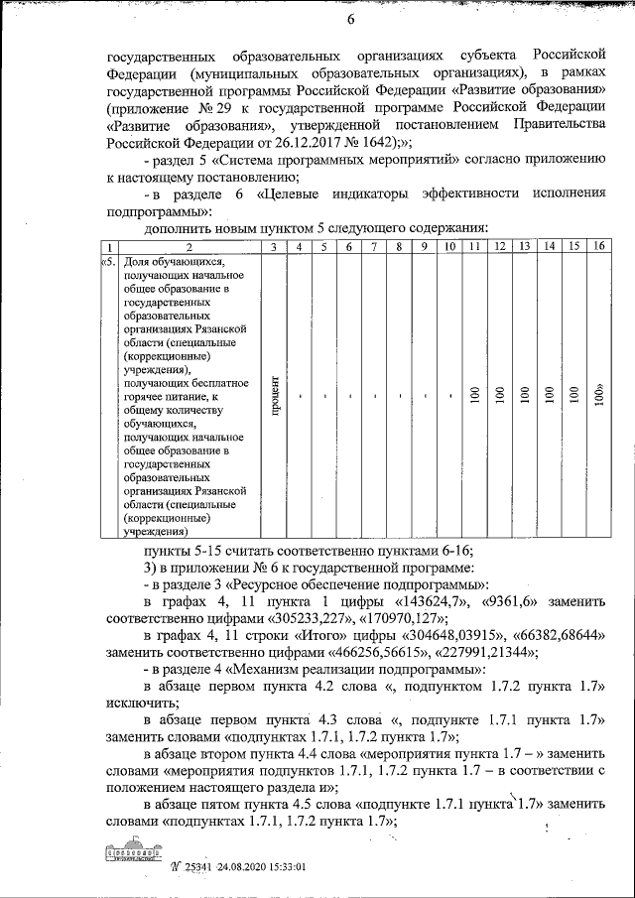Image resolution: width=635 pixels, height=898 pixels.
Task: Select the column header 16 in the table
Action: tap(598, 246)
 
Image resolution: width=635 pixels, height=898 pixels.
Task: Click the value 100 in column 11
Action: tap(475, 395)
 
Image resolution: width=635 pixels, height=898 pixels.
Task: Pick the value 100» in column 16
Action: tap(598, 394)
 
